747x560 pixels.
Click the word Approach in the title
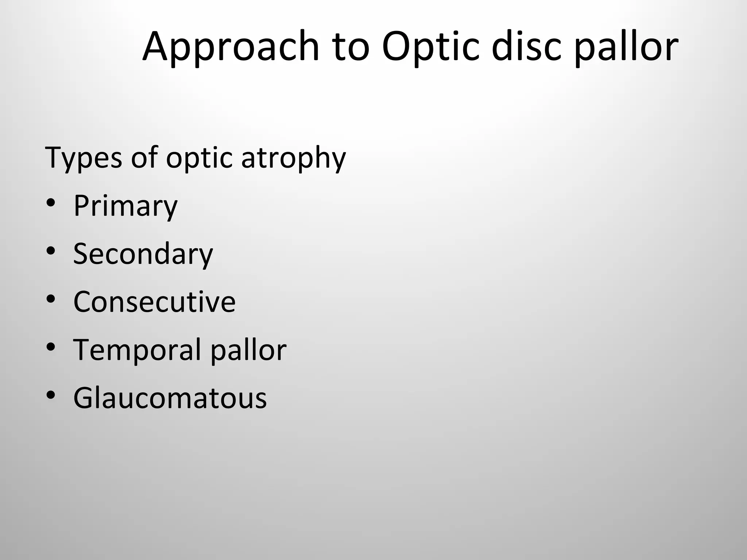(x=231, y=47)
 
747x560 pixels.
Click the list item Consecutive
(x=154, y=302)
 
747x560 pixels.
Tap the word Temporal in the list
(x=137, y=350)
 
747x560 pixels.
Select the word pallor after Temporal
(x=248, y=350)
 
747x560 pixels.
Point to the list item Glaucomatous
(x=170, y=398)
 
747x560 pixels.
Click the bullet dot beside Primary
(x=51, y=203)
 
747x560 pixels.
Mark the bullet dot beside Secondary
(x=51, y=251)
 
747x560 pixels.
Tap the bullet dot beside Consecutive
(x=51, y=299)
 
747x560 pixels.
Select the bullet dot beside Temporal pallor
(x=51, y=347)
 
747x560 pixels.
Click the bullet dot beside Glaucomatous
(x=51, y=395)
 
